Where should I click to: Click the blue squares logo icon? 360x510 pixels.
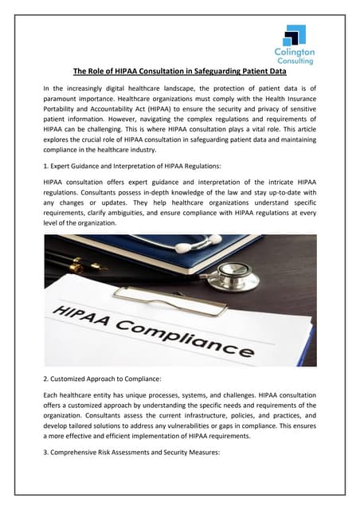[x=295, y=35]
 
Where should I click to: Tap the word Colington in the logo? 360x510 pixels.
[x=294, y=52]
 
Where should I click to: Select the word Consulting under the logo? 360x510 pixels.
[x=294, y=61]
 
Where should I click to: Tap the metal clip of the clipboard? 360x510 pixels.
[x=159, y=294]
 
